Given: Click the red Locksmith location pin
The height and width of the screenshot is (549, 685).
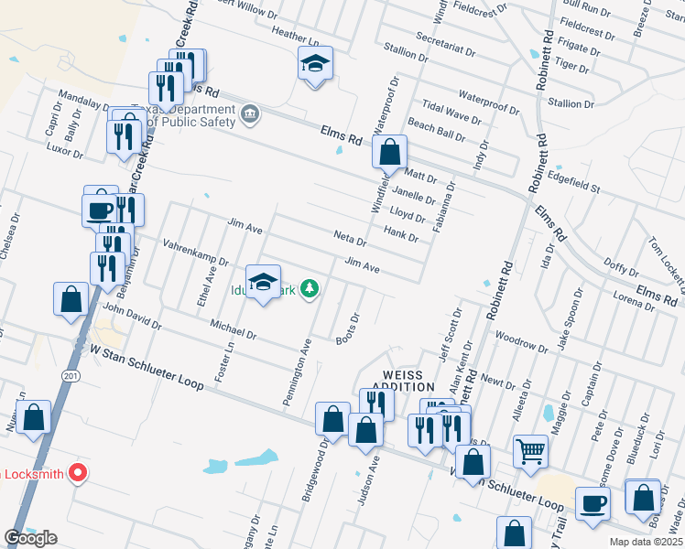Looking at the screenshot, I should (x=77, y=473).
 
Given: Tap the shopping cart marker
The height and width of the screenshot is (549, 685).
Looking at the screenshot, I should (x=530, y=452).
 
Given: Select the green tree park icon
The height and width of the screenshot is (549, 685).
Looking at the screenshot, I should (x=310, y=289).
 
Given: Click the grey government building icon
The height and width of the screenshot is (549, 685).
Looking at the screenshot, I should (x=250, y=115).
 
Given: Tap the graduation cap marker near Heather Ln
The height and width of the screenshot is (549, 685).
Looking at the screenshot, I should (x=315, y=65).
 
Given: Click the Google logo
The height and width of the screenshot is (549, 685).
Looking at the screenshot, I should (x=31, y=538).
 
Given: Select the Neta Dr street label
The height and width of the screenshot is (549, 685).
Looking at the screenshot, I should (x=349, y=242).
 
